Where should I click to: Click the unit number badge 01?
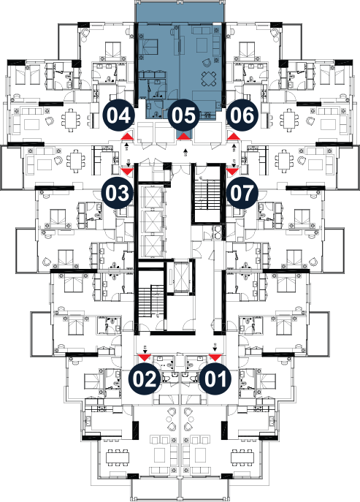pos(215,379)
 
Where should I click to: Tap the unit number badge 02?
pos(145,379)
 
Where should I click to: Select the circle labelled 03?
pos(117,193)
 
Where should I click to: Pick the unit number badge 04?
pos(118,115)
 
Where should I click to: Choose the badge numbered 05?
pos(183,115)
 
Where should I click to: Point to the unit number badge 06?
pos(242,115)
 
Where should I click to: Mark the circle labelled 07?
pos(242,193)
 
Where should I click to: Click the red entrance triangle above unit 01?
pos(215,357)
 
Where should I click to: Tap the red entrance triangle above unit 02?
pos(145,357)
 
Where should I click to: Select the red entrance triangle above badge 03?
pos(127,172)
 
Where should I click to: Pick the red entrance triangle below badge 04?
pos(127,137)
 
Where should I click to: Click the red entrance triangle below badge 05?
pos(184,137)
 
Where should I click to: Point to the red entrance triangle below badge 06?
pos(234,137)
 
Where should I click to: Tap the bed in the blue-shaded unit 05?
pos(148,47)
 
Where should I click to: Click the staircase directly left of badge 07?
pos(207,194)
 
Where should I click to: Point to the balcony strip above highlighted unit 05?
pos(179,11)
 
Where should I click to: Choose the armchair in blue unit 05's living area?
pos(207,62)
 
